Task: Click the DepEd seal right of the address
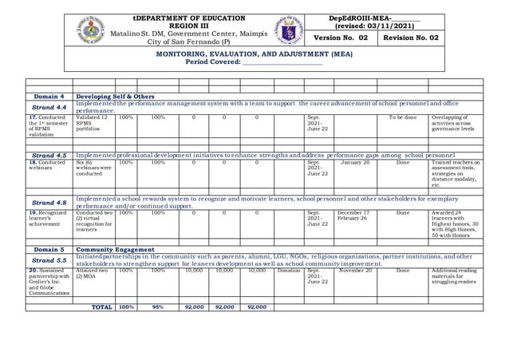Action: (x=290, y=30)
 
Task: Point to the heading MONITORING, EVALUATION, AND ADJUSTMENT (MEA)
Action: (x=254, y=53)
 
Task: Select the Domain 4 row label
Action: (x=49, y=97)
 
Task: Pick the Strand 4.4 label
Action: (x=49, y=107)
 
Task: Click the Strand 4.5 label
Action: (x=49, y=155)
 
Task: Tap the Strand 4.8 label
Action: (x=49, y=203)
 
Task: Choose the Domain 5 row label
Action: (x=49, y=249)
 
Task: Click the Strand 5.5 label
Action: (x=49, y=259)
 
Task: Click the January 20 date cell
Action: (x=355, y=163)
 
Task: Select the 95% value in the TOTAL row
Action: (x=158, y=307)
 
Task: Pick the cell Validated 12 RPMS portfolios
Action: (x=93, y=124)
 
